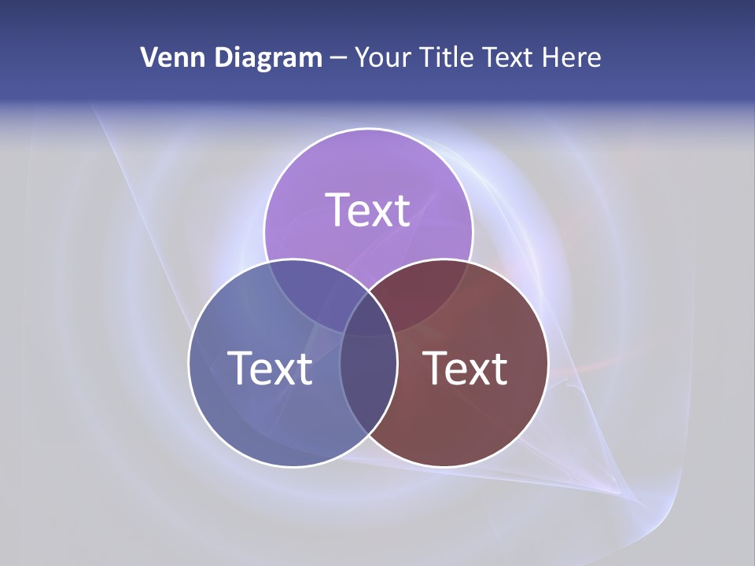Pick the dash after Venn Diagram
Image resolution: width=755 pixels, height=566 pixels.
pos(339,58)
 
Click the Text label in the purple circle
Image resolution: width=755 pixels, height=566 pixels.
pos(368,210)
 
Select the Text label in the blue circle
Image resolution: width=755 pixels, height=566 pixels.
pos(270,368)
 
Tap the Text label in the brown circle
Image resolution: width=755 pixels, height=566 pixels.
pos(466,368)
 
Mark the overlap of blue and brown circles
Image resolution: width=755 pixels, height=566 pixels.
pos(368,385)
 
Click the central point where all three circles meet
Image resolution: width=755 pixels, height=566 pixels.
pos(368,314)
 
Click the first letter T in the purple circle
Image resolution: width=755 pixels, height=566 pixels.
pos(337,210)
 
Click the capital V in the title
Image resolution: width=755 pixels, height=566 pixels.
pos(149,57)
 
